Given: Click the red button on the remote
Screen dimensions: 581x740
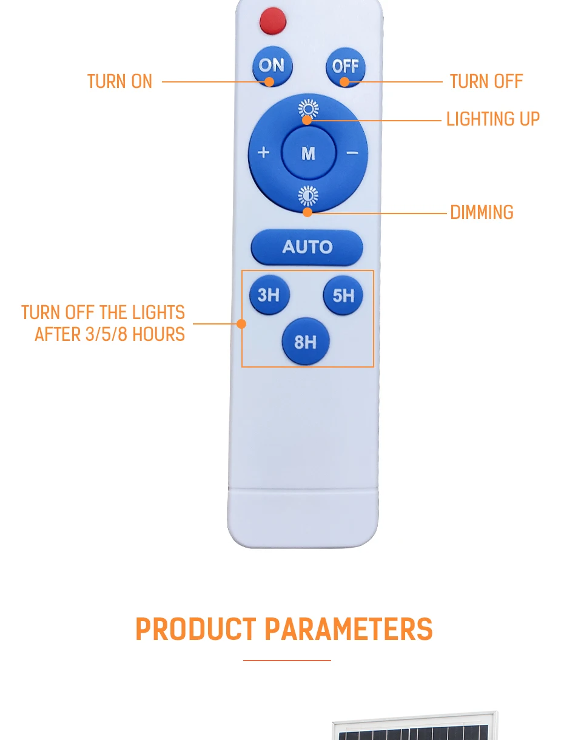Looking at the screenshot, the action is click(273, 21).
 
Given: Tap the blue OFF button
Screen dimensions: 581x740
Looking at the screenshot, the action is click(346, 67).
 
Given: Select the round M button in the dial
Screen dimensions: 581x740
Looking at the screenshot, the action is click(309, 153).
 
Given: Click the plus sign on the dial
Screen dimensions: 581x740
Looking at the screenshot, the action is click(263, 152).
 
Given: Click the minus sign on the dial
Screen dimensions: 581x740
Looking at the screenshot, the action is click(352, 153).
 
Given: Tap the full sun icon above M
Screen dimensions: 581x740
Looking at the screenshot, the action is click(308, 109).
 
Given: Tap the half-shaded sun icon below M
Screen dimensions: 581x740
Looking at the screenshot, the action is click(308, 196).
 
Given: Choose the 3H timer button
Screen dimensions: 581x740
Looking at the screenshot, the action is click(269, 295).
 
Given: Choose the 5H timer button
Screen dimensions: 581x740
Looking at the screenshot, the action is click(343, 295).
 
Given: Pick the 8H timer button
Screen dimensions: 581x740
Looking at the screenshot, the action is click(306, 341).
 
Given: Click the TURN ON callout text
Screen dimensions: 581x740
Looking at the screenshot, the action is click(119, 81).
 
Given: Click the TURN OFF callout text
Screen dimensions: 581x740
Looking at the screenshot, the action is click(486, 81).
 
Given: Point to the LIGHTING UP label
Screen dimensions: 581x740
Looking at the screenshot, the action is click(493, 119).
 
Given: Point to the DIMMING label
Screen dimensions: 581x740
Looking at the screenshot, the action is click(482, 212).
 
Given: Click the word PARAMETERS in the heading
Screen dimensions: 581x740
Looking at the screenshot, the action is click(349, 629).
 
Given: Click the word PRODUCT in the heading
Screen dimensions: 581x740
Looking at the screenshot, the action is click(196, 629).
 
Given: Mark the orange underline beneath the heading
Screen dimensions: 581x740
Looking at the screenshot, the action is click(287, 661).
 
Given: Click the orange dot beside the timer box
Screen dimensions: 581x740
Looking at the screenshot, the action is click(241, 323).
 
